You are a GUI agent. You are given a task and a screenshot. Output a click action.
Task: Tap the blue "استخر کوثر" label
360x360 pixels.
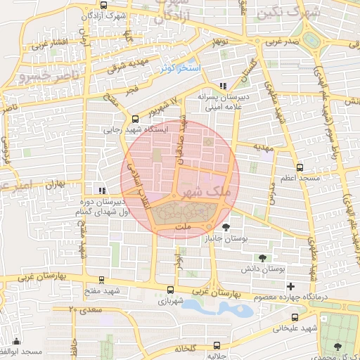pos(179,68)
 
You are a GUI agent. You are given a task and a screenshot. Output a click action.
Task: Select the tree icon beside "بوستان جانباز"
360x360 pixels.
pos(226,227)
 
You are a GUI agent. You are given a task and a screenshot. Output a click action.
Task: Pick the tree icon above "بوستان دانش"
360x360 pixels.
pos(262,258)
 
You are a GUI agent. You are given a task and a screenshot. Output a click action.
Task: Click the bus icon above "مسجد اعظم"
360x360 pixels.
pos(300,168)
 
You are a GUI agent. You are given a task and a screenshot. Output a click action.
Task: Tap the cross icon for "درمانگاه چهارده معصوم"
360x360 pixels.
pos(290,285)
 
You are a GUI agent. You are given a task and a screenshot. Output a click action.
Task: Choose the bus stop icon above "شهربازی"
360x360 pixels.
pos(170,289)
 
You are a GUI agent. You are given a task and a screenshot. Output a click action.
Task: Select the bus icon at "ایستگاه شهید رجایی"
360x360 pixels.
pos(134,119)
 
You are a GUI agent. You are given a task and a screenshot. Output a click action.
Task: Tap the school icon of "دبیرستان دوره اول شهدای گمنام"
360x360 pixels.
pos(103,190)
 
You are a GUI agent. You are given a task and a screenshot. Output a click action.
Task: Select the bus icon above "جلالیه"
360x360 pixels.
pos(217,345)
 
